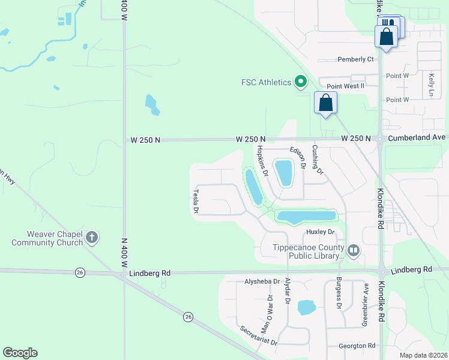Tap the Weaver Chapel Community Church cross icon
pos(92,238)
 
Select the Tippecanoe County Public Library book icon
pos(354,250)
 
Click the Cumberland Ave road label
pos(417,137)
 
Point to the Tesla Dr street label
pos(196,202)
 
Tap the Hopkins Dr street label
pos(262,161)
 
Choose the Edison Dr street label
pos(298,157)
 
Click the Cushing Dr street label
pos(318,159)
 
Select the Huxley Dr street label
pos(320,232)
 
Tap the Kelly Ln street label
pos(432,85)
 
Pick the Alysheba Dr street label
pos(262,281)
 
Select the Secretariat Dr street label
pos(258,335)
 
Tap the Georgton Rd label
pos(357,346)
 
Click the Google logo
pos(20,353)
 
